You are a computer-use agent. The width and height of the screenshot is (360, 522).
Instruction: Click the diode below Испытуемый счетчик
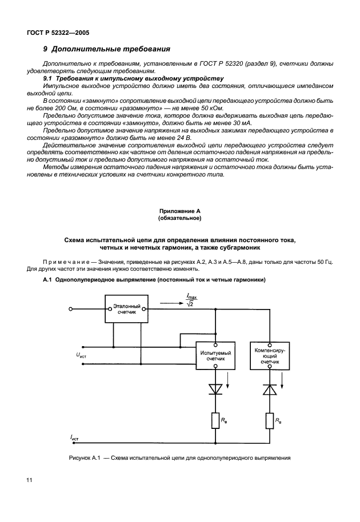(x=215, y=390)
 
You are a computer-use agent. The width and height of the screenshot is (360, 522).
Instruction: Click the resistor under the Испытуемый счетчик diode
(x=215, y=420)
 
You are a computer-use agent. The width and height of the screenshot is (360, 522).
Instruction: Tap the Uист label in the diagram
(x=81, y=355)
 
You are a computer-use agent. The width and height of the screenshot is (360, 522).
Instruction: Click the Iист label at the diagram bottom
(x=75, y=437)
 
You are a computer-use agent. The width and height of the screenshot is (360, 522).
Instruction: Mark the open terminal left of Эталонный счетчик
(x=70, y=309)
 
